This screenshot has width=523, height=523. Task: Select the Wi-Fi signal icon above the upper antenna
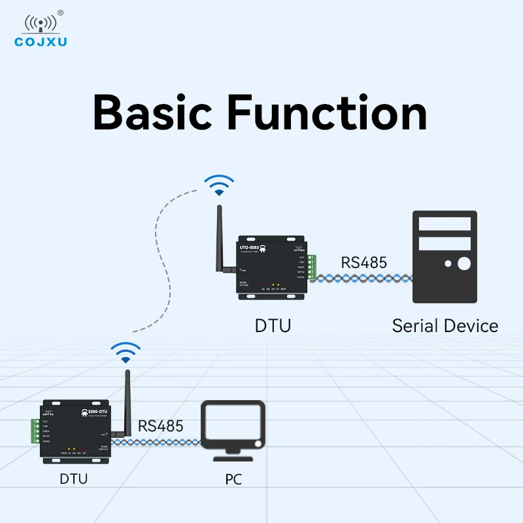(218, 185)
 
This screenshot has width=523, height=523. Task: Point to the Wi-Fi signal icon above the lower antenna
(125, 352)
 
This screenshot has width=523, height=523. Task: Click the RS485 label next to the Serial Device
(363, 263)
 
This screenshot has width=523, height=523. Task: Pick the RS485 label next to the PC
(161, 426)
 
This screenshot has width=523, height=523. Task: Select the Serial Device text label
(445, 326)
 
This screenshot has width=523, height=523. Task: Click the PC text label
(233, 479)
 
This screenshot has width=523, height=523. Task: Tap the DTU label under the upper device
(273, 326)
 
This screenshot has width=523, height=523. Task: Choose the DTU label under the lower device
(73, 479)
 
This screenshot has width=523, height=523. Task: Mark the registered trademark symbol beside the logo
(61, 12)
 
